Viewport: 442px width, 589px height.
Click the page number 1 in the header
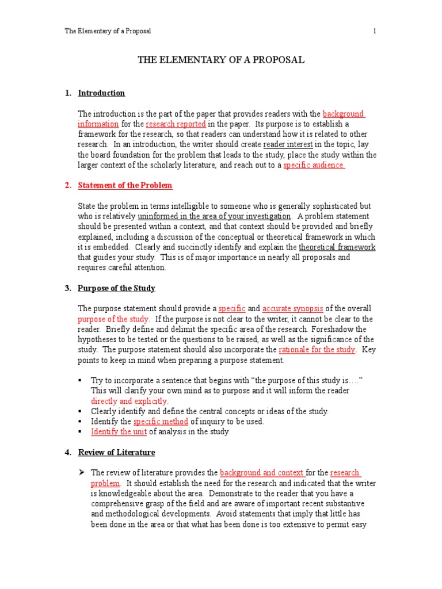tap(374, 31)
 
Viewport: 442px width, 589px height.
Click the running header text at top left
tap(108, 31)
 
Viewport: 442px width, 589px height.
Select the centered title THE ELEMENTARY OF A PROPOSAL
tap(220, 60)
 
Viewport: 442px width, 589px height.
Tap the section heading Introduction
tap(101, 93)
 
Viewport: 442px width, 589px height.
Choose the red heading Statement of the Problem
tap(125, 185)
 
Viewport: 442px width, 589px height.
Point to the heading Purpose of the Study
tap(116, 288)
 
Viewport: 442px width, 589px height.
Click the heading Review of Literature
tap(116, 453)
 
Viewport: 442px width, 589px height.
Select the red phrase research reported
tap(176, 124)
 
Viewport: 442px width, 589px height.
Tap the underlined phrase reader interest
tap(289, 144)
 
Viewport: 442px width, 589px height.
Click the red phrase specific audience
tap(314, 165)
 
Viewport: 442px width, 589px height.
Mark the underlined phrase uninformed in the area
tap(214, 216)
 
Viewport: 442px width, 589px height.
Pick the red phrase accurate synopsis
tap(293, 309)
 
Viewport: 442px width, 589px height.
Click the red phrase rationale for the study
tap(317, 350)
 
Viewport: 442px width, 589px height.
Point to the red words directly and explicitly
tap(129, 401)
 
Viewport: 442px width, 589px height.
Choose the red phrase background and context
tap(261, 473)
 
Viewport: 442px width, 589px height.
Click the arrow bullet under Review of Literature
tap(81, 473)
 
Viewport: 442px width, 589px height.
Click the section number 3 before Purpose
tap(67, 288)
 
